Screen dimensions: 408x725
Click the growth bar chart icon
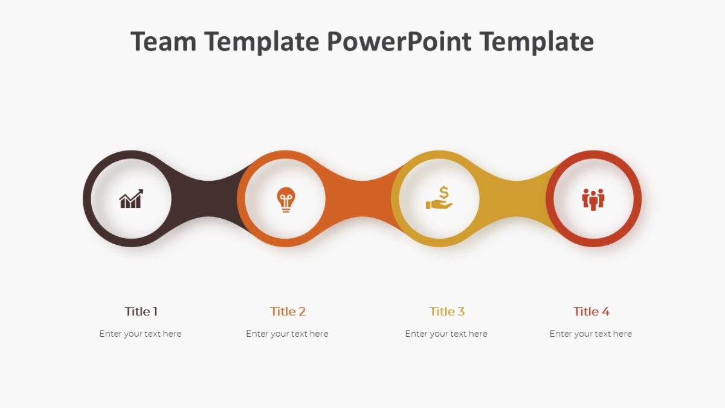(131, 199)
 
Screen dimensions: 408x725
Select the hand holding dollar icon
(439, 198)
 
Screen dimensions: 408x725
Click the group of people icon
(593, 199)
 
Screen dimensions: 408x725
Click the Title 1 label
(141, 312)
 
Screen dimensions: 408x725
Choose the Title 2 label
(288, 312)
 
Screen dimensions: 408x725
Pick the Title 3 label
(446, 312)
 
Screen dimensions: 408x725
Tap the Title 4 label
(591, 312)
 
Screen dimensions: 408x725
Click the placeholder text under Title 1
(140, 334)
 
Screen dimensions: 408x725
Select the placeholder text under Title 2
(287, 334)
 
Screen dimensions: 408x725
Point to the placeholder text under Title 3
(446, 334)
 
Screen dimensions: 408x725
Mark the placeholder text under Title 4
(590, 334)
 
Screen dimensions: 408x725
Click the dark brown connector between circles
(208, 198)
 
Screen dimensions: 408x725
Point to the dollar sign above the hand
(444, 192)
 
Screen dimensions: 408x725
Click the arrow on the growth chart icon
(138, 193)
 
